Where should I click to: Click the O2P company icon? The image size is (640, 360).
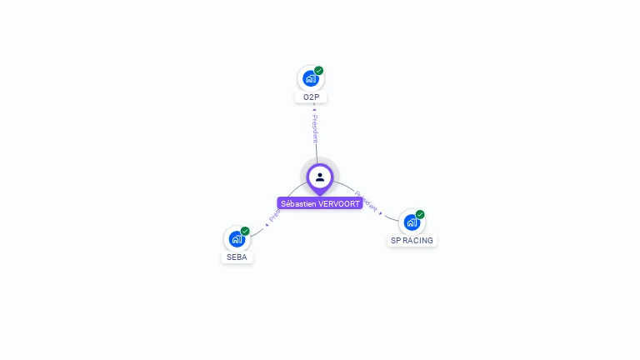[x=311, y=79]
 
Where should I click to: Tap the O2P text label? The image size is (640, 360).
[x=311, y=97]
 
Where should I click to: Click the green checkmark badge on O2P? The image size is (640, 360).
[x=319, y=71]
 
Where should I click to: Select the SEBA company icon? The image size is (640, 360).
[x=237, y=239]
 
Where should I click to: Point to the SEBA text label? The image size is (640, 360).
[x=237, y=257]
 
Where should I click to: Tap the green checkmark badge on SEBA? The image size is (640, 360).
[x=245, y=231]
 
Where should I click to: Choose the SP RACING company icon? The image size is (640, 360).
[x=412, y=222]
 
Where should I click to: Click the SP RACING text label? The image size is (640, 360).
[x=412, y=241]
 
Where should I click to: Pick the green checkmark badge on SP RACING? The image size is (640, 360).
[x=420, y=214]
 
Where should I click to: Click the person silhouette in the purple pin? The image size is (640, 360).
[x=320, y=177]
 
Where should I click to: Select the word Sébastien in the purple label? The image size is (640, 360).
[x=298, y=203]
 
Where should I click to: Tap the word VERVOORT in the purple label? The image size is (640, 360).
[x=339, y=203]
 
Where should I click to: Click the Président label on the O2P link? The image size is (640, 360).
[x=315, y=128]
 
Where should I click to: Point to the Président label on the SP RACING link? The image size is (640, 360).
[x=366, y=201]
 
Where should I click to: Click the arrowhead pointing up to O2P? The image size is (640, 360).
[x=314, y=108]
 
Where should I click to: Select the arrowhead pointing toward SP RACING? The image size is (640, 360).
[x=382, y=213]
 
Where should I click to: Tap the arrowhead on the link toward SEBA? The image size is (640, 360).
[x=266, y=224]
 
